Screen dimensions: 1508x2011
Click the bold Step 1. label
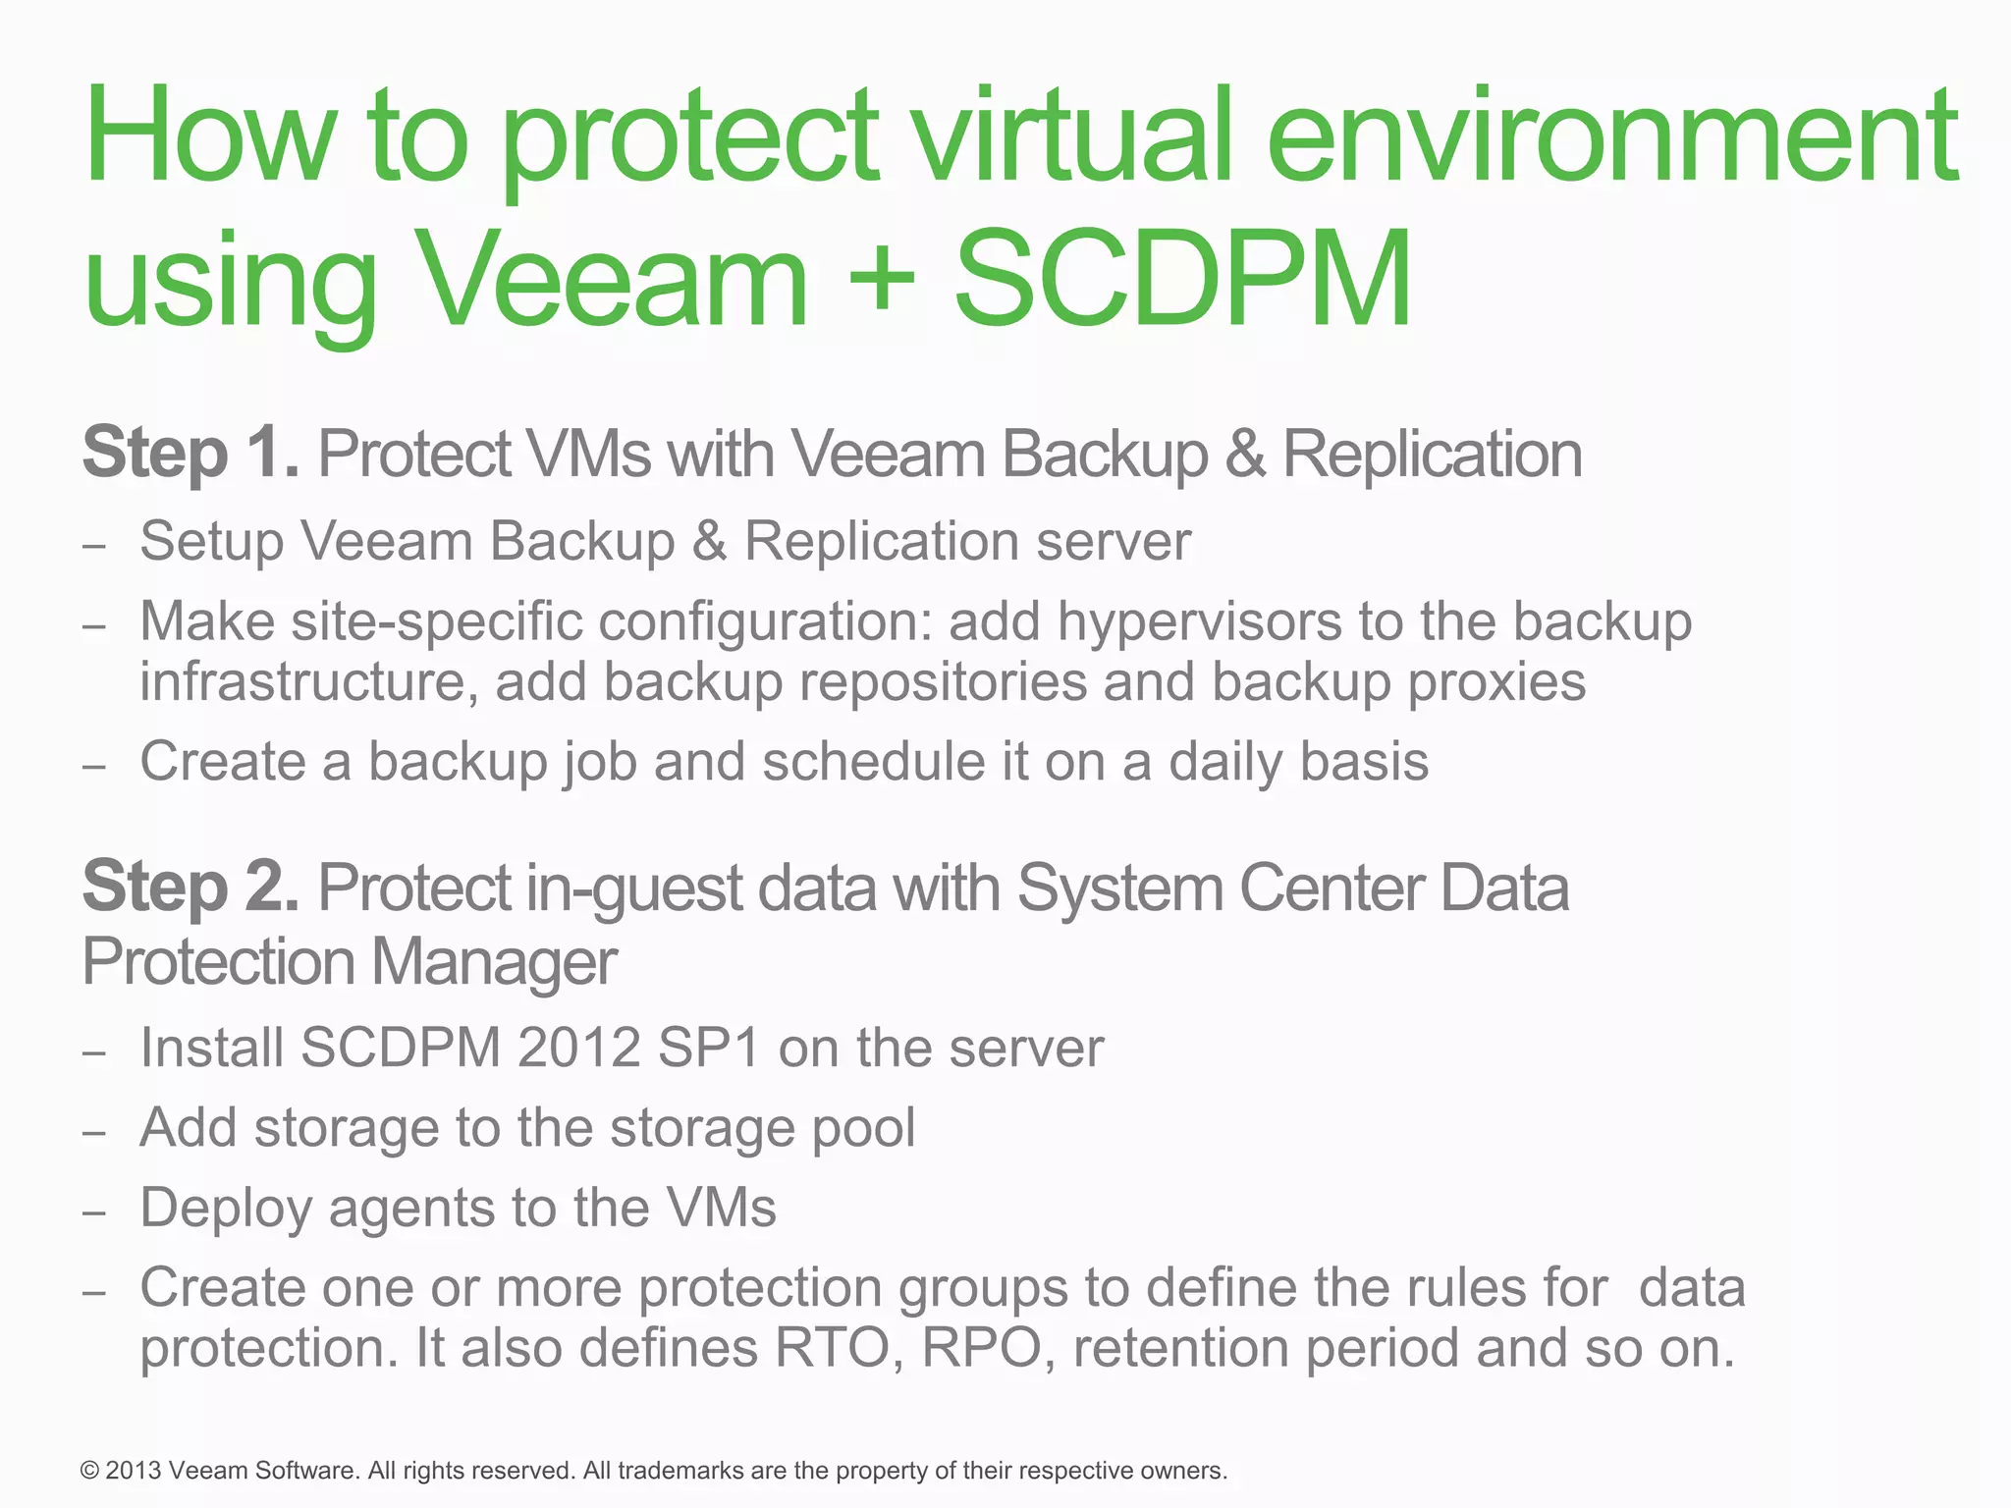tap(190, 454)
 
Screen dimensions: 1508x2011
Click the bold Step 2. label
tap(190, 887)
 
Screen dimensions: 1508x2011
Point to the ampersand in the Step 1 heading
tap(1244, 455)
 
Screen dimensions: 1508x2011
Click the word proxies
tap(1496, 683)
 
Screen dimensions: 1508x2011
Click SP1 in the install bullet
tap(709, 1048)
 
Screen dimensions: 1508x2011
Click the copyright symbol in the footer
tap(90, 1471)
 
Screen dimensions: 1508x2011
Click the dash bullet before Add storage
tap(94, 1132)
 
